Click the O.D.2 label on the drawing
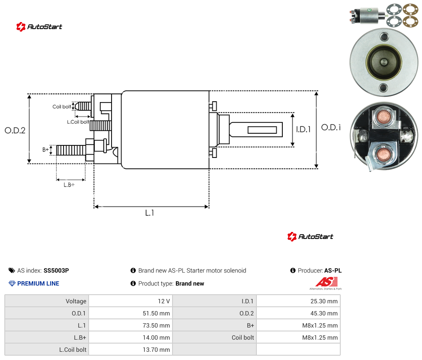(15, 131)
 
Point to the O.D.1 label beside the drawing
(331, 127)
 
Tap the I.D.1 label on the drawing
(304, 129)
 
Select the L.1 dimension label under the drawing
(150, 213)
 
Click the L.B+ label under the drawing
(69, 185)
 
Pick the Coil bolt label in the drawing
(62, 106)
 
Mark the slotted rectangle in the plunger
(262, 130)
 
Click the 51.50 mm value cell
(156, 313)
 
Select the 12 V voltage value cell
(163, 301)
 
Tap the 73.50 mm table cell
(156, 325)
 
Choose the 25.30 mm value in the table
(324, 301)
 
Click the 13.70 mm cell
(156, 350)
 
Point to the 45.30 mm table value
(324, 313)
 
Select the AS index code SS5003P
(56, 270)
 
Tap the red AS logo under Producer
(326, 282)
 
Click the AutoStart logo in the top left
(39, 27)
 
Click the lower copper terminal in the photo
(383, 155)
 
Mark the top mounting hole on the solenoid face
(384, 37)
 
